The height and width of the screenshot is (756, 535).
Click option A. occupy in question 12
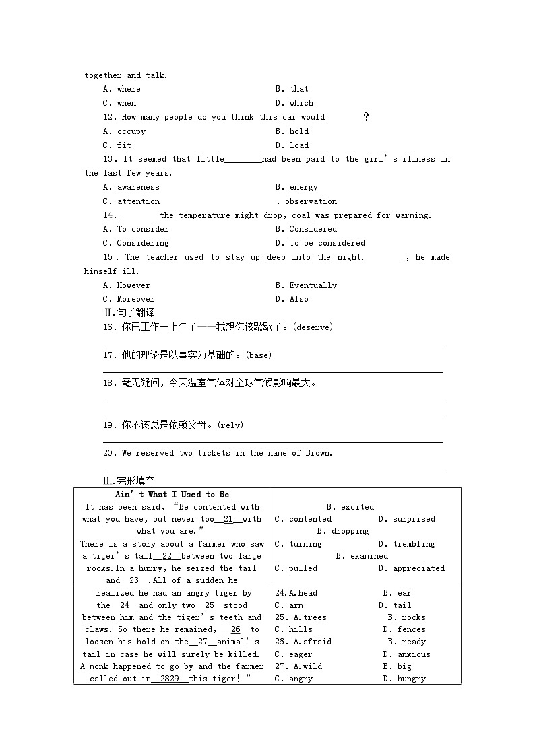124,131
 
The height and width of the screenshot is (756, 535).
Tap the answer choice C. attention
131,201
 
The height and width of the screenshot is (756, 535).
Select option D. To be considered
320,243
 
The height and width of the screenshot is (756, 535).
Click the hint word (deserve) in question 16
314,327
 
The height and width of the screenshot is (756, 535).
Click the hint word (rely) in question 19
231,425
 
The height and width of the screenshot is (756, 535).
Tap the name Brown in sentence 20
318,453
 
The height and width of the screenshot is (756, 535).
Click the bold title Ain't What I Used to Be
172,495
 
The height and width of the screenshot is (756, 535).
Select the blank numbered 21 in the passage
228,519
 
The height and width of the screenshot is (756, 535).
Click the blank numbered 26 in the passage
235,629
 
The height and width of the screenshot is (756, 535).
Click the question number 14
110,215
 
